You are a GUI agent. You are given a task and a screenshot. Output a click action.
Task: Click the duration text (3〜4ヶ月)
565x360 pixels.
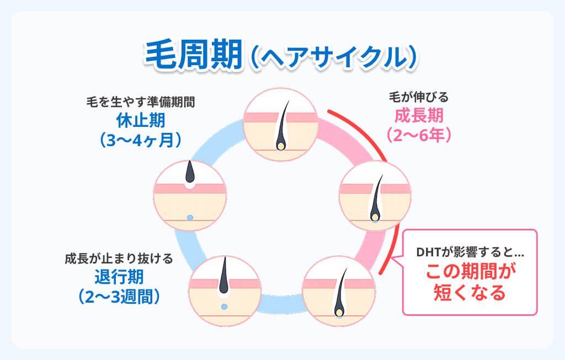point(141,138)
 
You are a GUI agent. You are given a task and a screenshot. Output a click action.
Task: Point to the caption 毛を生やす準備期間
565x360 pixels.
point(141,102)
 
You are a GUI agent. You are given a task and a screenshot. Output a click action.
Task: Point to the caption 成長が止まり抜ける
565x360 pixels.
point(119,258)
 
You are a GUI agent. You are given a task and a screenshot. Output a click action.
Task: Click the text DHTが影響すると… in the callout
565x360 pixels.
point(470,255)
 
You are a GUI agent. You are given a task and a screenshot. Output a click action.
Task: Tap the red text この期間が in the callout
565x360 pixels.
point(470,272)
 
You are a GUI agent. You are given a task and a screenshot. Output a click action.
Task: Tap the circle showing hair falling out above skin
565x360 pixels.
point(190,196)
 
